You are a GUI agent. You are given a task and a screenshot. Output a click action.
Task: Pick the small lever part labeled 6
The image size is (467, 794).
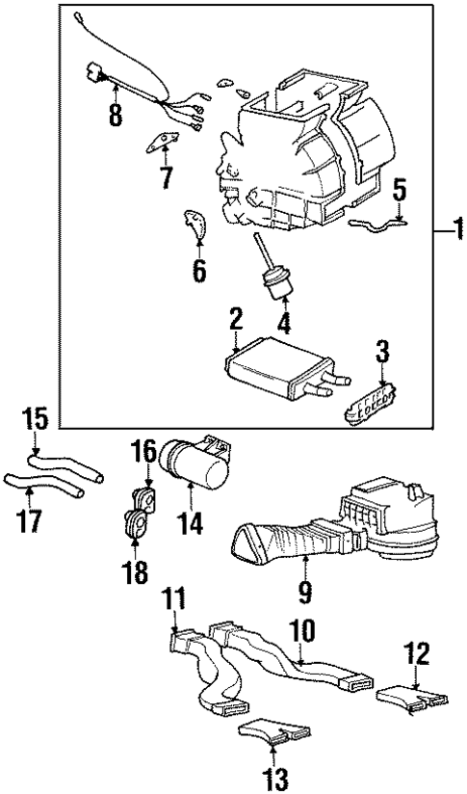pos(196,228)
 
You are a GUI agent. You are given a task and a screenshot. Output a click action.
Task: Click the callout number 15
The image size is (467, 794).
pos(35,420)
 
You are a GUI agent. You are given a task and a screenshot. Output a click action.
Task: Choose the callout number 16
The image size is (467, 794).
pos(143,451)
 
